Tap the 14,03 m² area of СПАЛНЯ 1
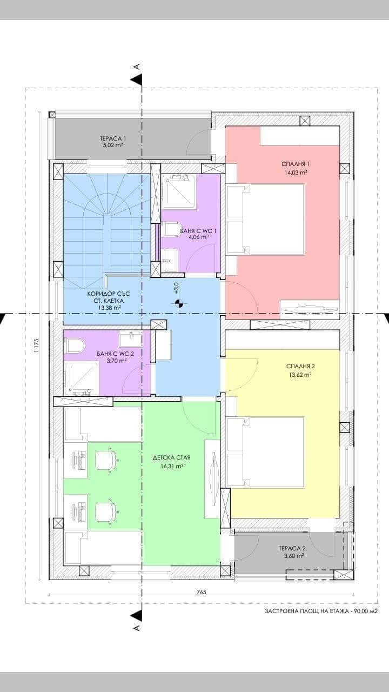(x=296, y=173)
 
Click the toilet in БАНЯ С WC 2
(x=74, y=346)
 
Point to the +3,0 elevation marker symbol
(x=178, y=304)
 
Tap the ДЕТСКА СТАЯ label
(x=172, y=457)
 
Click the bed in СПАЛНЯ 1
(x=265, y=219)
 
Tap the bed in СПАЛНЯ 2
(x=265, y=453)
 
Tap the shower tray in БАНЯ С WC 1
(x=179, y=192)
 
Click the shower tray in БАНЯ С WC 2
(x=81, y=379)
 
